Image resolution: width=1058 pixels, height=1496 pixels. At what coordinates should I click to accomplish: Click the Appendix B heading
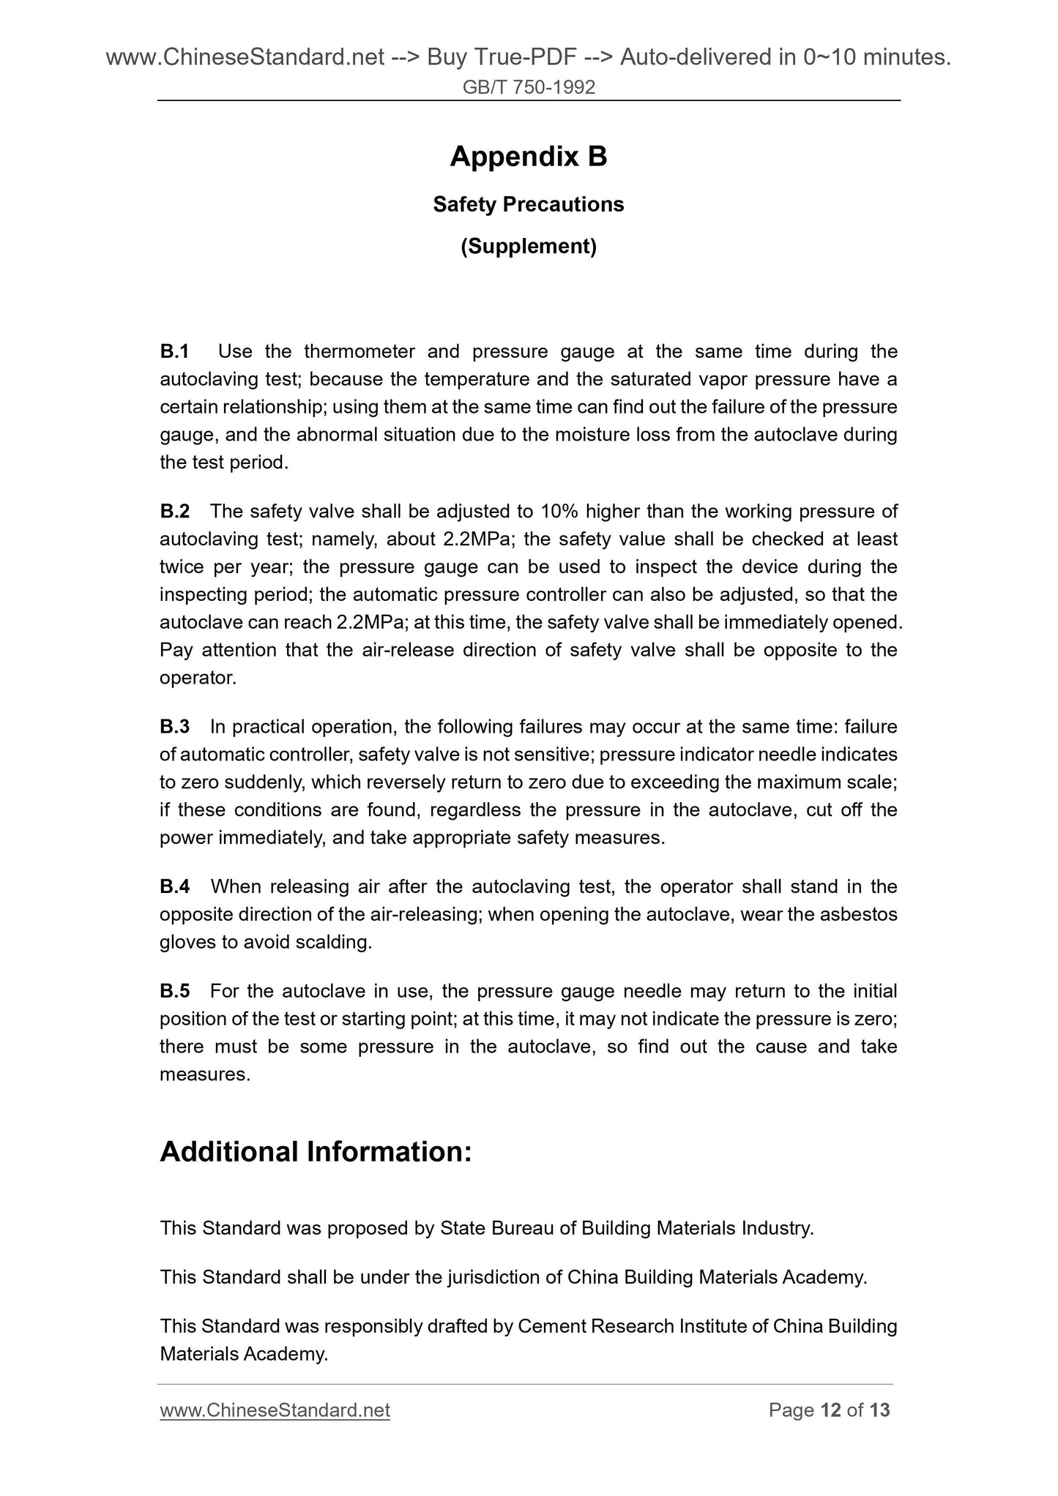click(x=528, y=157)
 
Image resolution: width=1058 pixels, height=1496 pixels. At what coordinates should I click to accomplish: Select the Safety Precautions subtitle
click(x=528, y=204)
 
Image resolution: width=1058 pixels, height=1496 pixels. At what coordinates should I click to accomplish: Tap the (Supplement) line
click(x=528, y=247)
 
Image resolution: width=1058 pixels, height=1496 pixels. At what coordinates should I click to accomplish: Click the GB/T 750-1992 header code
click(x=529, y=88)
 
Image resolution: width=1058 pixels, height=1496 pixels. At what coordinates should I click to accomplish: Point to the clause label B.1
click(x=174, y=352)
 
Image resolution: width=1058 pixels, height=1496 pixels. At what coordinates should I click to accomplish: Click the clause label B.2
click(x=174, y=511)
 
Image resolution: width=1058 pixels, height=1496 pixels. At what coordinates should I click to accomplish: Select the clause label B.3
click(x=174, y=727)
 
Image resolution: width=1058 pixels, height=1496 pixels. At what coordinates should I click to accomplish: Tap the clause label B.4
click(x=174, y=886)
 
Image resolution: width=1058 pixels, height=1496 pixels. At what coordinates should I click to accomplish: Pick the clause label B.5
click(x=174, y=991)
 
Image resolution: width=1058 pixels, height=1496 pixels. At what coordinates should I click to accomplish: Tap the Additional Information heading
click(x=316, y=1151)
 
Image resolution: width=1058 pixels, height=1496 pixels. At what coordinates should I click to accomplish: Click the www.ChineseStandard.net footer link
click(x=275, y=1410)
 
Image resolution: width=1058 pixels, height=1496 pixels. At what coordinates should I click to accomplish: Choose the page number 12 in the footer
click(x=830, y=1410)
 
